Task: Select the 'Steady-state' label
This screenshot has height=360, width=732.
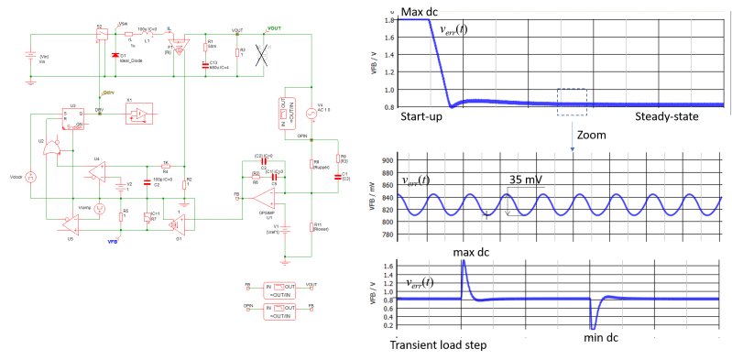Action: [x=667, y=118]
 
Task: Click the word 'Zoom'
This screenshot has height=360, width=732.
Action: [x=591, y=135]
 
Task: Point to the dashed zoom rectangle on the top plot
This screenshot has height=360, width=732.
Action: [x=571, y=102]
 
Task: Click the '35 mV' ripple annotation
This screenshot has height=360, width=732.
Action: [x=526, y=180]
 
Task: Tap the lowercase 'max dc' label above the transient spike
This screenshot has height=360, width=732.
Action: [x=474, y=250]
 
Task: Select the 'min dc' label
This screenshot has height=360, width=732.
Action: [x=602, y=339]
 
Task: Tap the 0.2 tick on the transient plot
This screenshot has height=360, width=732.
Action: [x=389, y=326]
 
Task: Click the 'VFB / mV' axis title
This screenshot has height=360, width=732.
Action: [x=374, y=196]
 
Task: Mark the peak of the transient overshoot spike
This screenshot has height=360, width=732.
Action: [x=464, y=262]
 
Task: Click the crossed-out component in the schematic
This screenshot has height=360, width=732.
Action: [x=261, y=54]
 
